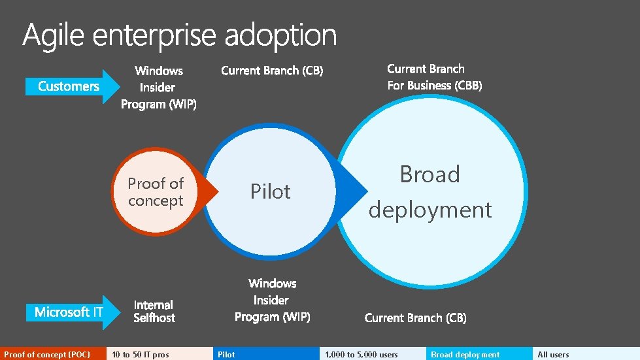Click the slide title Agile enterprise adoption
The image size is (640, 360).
pos(180,35)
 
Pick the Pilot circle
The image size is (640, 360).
pos(270,191)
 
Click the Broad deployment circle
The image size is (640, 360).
pos(430,191)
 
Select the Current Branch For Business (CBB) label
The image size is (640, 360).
pos(434,77)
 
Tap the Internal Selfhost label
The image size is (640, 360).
pos(154,311)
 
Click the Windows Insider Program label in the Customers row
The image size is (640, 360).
pos(159,87)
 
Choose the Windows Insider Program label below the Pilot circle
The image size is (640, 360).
pos(272,300)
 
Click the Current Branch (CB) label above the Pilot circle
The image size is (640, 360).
pos(272,71)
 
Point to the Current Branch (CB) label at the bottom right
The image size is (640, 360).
pos(415,318)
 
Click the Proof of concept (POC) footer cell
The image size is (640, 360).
pos(53,354)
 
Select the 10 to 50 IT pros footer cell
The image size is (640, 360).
pos(160,354)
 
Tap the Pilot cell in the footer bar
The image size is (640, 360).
pos(266,354)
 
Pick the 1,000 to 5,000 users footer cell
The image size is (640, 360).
pos(373,354)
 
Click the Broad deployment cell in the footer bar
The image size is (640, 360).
pos(479,354)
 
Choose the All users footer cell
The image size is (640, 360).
pos(586,354)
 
